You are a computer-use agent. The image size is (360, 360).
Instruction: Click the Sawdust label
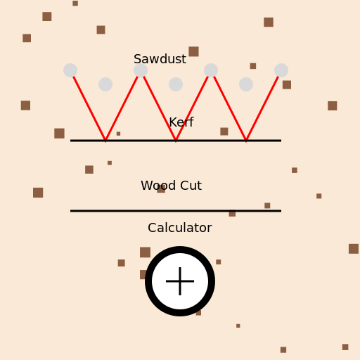click(160, 59)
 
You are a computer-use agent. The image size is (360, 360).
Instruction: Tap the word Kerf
click(181, 122)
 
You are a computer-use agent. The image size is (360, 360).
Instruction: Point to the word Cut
click(191, 186)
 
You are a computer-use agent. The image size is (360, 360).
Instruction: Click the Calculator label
click(180, 228)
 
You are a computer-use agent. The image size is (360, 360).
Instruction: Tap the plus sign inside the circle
click(180, 281)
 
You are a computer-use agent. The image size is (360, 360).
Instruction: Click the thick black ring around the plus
click(148, 281)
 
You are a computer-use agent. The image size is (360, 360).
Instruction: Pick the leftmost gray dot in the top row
click(70, 70)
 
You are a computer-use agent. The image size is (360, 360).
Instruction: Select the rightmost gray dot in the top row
click(281, 70)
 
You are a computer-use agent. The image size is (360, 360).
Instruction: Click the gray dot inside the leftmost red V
click(105, 84)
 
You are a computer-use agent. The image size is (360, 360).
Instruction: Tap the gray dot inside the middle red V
click(176, 84)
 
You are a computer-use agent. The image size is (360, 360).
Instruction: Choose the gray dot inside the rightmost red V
click(246, 84)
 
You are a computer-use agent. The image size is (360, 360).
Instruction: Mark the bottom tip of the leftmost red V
click(105, 141)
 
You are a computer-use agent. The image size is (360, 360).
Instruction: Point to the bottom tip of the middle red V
click(176, 141)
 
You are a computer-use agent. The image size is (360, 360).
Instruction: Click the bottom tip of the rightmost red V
click(246, 141)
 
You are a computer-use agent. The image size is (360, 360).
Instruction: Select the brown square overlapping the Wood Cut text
click(161, 188)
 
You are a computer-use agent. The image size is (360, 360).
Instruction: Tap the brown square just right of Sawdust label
click(193, 51)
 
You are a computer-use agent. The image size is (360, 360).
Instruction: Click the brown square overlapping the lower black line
click(232, 213)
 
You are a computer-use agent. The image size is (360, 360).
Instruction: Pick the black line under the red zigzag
click(176, 141)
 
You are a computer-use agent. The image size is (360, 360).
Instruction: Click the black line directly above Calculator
click(176, 211)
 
